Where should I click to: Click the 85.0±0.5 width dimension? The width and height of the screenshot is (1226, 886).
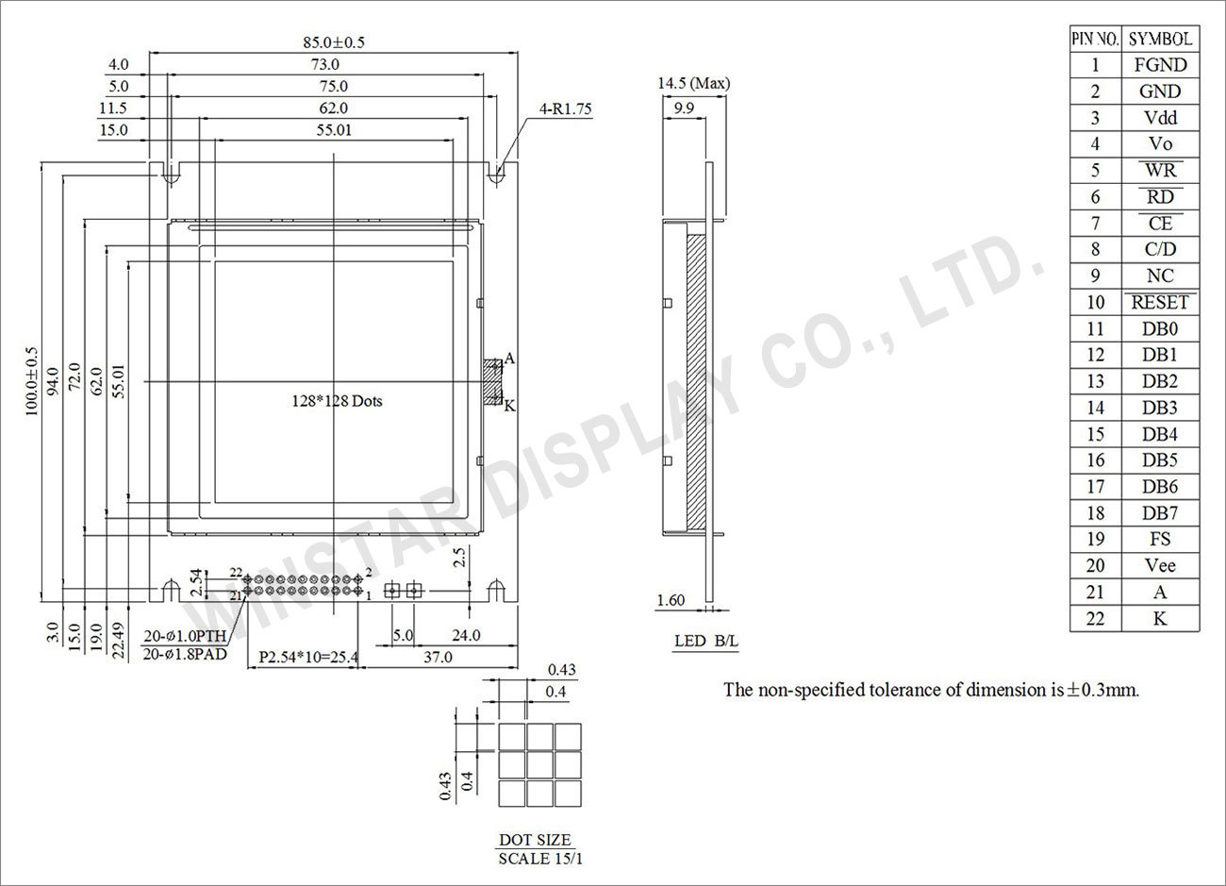333,42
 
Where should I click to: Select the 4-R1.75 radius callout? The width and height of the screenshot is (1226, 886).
565,109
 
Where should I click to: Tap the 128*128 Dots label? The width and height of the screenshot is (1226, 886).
337,401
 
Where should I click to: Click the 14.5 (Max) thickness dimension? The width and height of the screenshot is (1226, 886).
693,83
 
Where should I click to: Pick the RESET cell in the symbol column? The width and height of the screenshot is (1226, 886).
1159,303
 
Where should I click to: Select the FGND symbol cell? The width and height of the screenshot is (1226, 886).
1159,65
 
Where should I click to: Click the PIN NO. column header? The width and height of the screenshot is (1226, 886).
1095,39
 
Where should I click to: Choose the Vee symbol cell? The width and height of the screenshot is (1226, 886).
1159,566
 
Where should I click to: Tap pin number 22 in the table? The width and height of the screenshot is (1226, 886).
1095,619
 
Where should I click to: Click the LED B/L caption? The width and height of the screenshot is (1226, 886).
706,642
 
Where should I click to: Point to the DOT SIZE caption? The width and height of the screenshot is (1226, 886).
535,840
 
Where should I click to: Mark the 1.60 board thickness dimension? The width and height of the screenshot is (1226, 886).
671,600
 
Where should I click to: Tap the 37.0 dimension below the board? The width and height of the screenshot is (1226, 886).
439,656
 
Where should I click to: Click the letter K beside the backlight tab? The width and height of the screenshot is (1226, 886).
510,406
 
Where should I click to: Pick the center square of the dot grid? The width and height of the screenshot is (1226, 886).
539,764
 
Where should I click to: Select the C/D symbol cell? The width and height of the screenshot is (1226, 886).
1159,250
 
